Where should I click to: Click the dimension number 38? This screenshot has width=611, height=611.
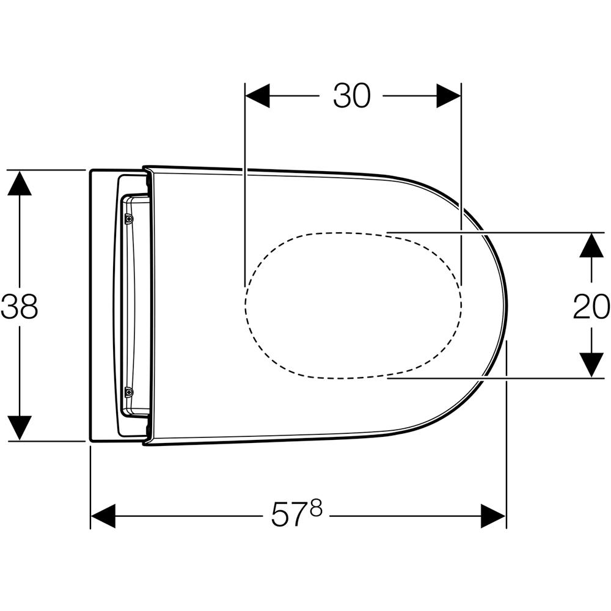pos(19,306)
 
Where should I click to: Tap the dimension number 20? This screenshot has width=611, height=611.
pos(591,306)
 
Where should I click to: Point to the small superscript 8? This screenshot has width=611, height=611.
pos(316,508)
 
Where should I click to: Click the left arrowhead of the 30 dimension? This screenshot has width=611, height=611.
pos(257,96)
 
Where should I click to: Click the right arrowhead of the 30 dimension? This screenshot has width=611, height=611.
pos(448,96)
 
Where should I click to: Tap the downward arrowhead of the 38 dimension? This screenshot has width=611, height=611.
pos(20,428)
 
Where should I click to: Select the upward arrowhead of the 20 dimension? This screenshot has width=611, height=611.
pos(591,245)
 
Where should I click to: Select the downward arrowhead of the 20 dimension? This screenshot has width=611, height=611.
pos(591,365)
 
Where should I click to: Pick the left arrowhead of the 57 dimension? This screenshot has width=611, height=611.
pos(103,516)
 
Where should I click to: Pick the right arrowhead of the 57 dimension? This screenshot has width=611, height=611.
pos(493,516)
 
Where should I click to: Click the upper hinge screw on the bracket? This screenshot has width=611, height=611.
pos(128,219)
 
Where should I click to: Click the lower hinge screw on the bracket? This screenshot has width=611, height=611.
pos(128,392)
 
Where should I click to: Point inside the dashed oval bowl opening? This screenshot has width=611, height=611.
pos(353,305)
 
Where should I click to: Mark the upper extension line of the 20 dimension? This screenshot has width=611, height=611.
pos(496,233)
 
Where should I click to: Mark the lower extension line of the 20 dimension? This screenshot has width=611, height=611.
pos(496,378)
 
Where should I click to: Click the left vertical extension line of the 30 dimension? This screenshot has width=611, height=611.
pos(245,185)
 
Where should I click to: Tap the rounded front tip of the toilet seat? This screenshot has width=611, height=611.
pos(508,305)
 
